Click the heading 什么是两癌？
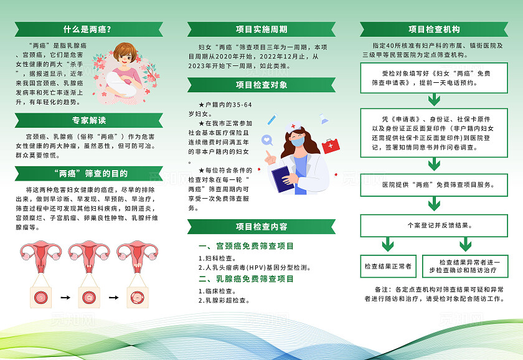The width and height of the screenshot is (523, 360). pyautogui.click(x=87, y=29)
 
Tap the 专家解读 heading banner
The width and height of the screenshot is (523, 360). pyautogui.click(x=88, y=120)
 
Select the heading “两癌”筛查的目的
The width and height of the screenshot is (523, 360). pyautogui.click(x=88, y=173)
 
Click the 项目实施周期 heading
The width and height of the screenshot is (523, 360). pyautogui.click(x=261, y=29)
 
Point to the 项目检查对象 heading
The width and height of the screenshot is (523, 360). pyautogui.click(x=261, y=85)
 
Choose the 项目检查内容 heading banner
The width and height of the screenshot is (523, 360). pyautogui.click(x=261, y=226)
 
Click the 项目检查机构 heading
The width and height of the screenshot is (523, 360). pyautogui.click(x=434, y=29)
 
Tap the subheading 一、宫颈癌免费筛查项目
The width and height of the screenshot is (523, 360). pyautogui.click(x=245, y=246)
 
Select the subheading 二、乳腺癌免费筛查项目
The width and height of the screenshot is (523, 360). pyautogui.click(x=245, y=279)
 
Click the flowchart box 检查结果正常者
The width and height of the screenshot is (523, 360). pyautogui.click(x=388, y=266)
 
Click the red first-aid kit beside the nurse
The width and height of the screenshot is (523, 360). pyautogui.click(x=330, y=146)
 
